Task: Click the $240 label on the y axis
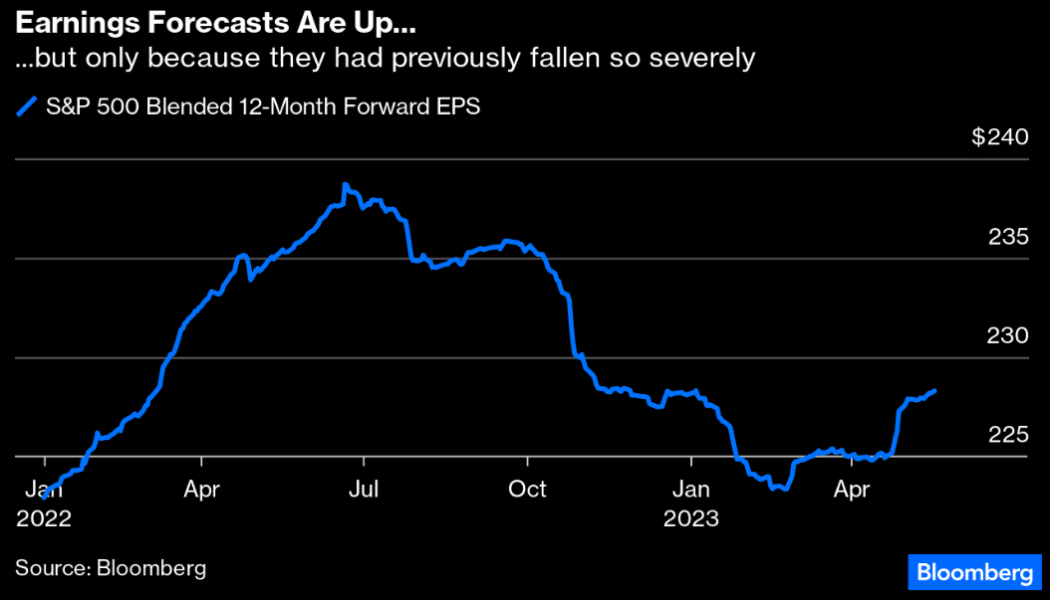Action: [x=999, y=137]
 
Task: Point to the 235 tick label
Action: [x=1008, y=237]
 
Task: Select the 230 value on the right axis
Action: [x=1007, y=336]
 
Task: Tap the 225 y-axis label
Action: [x=1007, y=435]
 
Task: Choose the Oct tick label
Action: [x=527, y=490]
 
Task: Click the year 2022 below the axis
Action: [x=44, y=518]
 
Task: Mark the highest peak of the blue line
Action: [x=345, y=184]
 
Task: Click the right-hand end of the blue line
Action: [x=933, y=391]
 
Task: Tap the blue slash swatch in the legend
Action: [x=28, y=106]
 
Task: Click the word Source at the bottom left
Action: [x=49, y=568]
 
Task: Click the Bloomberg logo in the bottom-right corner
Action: [x=973, y=572]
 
